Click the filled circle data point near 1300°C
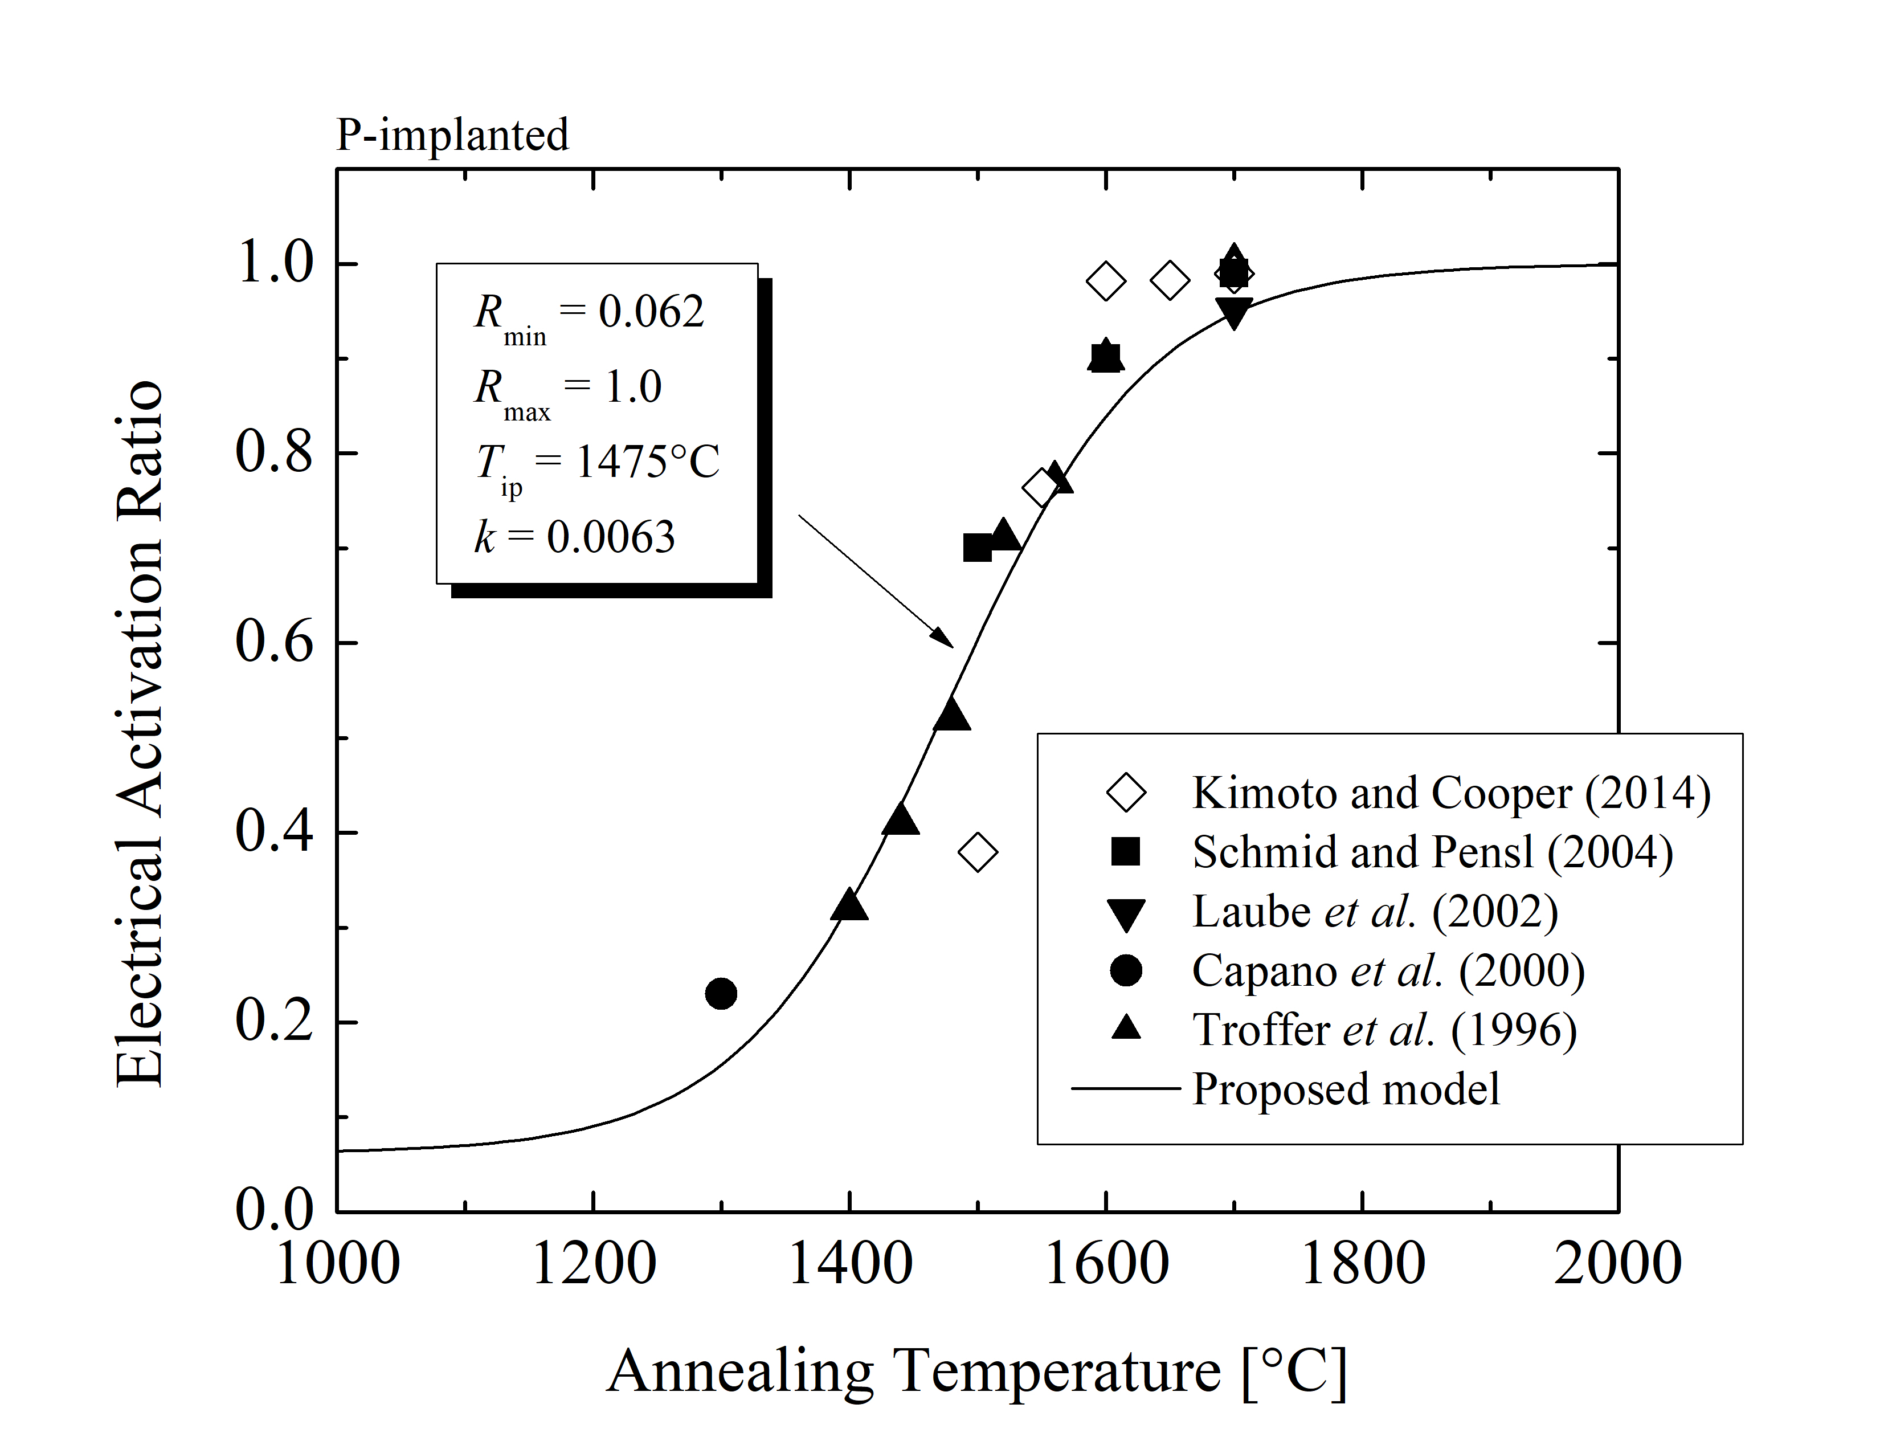721,993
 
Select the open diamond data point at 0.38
977,852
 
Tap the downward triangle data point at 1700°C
1233,313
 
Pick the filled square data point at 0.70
977,548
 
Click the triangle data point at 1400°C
849,905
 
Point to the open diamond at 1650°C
1170,280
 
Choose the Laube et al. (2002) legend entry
1375,912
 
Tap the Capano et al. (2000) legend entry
1388,971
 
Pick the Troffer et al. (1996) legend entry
1384,1030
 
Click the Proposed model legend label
1346,1089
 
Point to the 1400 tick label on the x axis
849,1264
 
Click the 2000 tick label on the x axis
1617,1264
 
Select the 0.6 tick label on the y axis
273,642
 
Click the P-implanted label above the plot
452,135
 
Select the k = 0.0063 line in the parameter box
575,537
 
